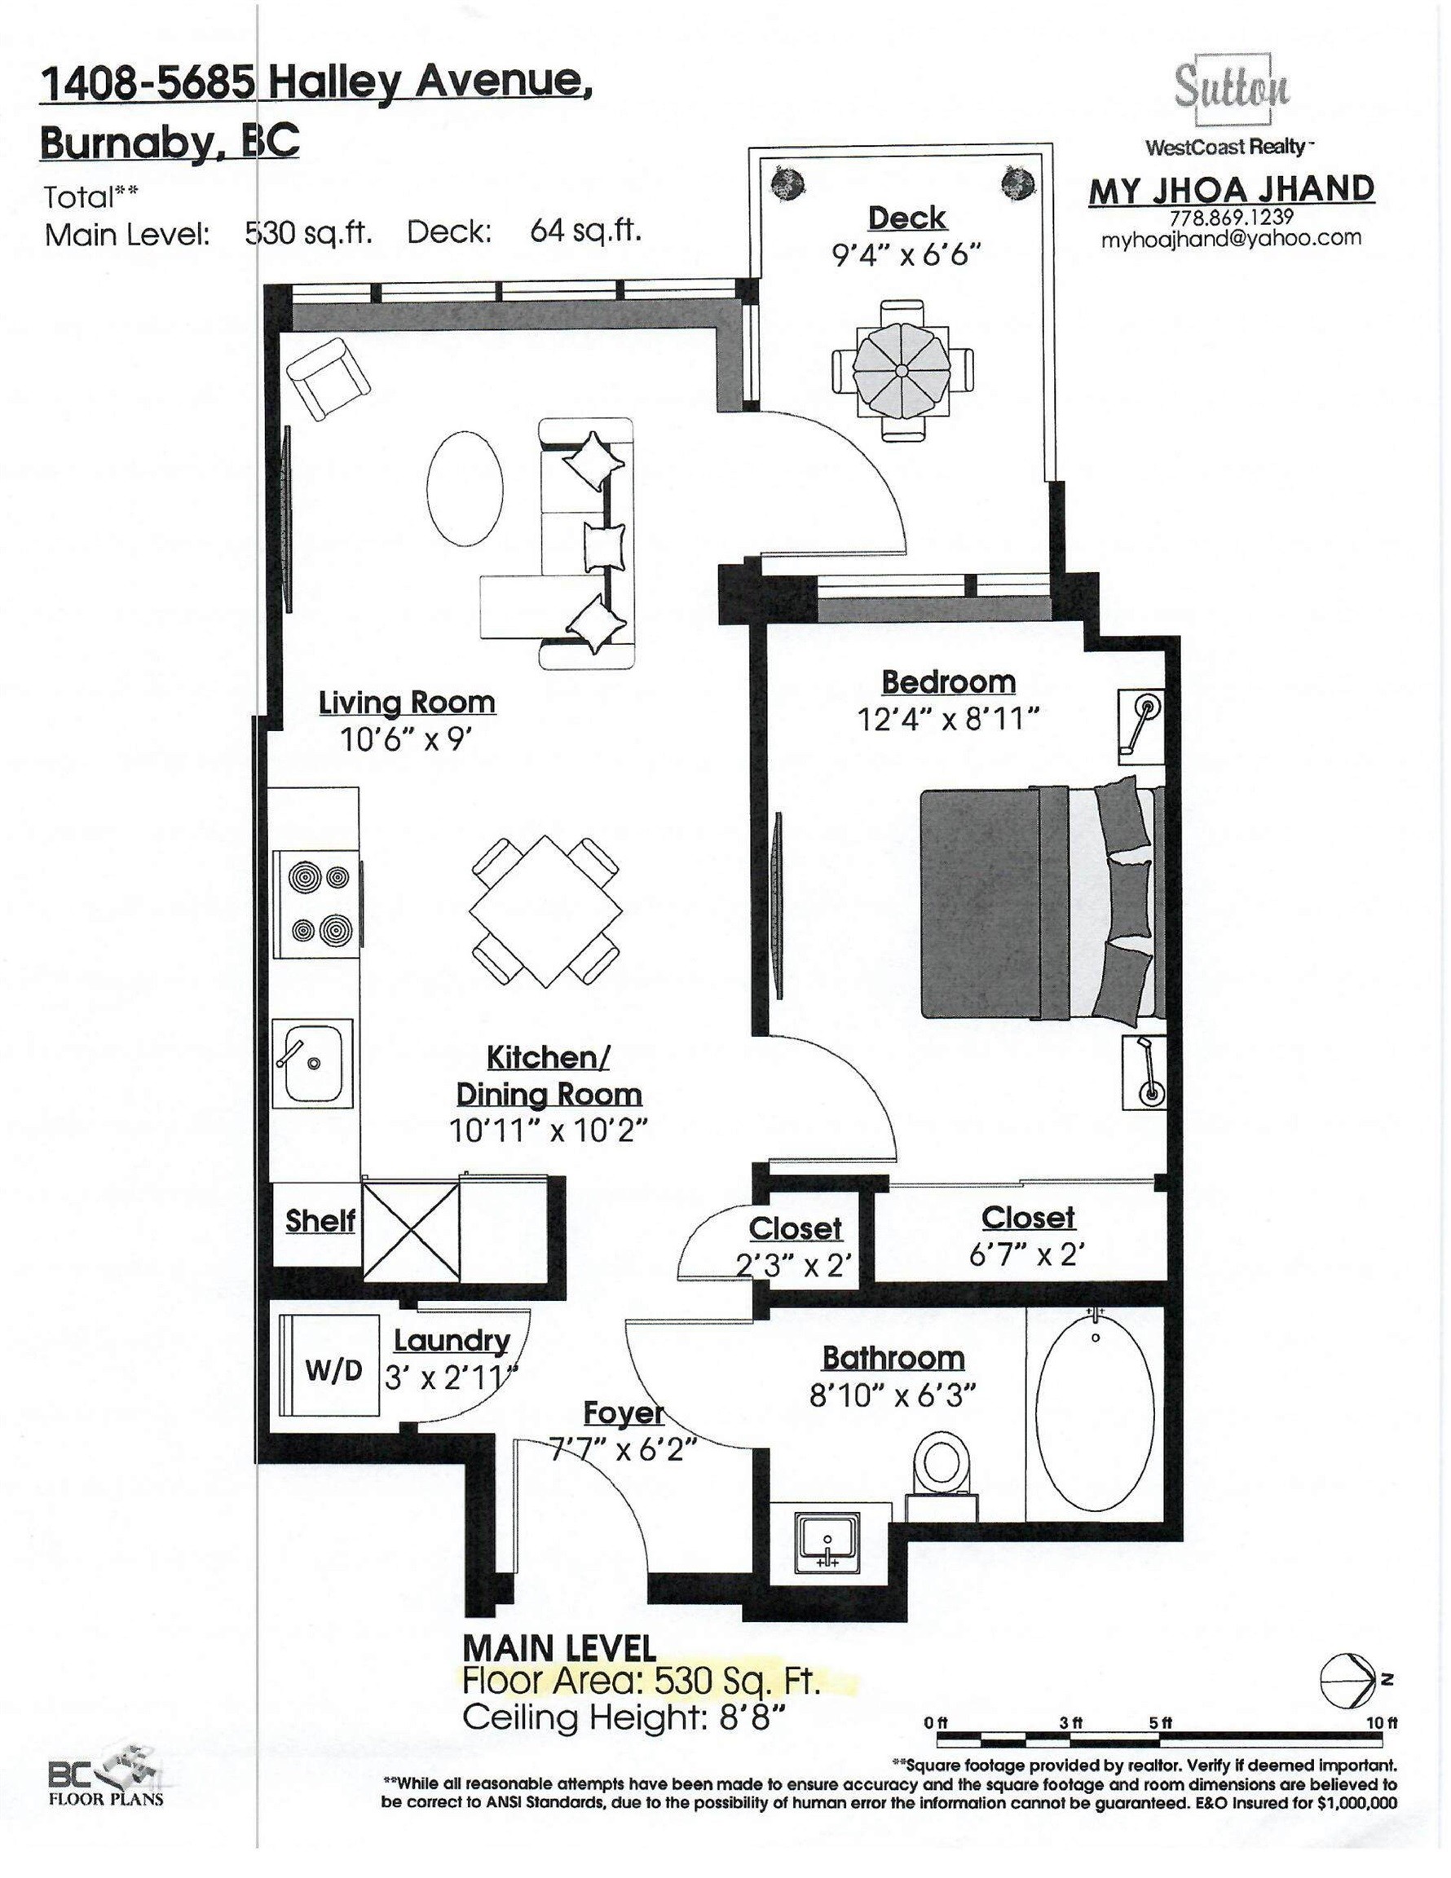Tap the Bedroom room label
coord(948,682)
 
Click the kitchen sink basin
coord(313,1063)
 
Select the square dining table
coord(545,912)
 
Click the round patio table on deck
coord(902,370)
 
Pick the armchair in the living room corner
coord(329,378)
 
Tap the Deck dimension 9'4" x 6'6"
coord(906,255)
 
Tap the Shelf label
coord(320,1220)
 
